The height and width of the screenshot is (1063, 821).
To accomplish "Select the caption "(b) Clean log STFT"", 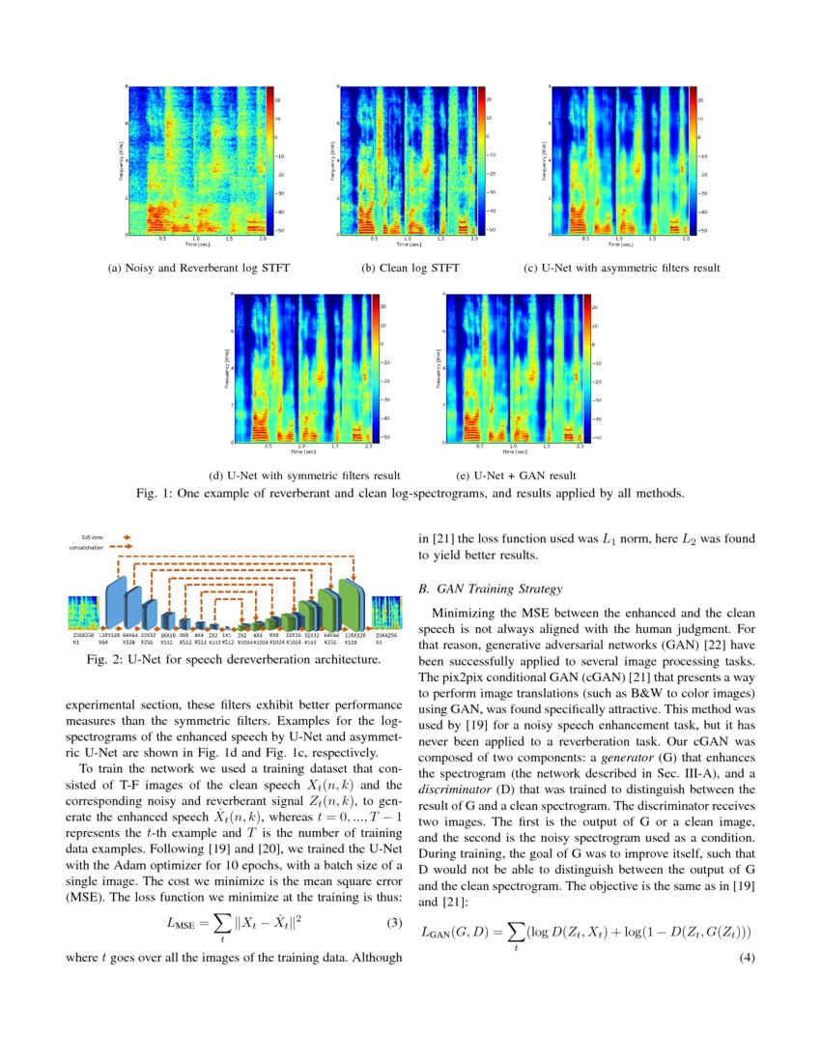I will click(x=410, y=268).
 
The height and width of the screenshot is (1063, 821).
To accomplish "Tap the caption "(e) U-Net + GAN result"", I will click(x=515, y=475).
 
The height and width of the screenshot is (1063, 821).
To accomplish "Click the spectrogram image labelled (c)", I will click(x=617, y=160).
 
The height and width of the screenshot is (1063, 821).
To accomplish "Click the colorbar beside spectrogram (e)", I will click(x=585, y=368).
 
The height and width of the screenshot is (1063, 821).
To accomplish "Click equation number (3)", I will click(x=393, y=922).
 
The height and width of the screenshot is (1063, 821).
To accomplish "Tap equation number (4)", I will click(x=745, y=957).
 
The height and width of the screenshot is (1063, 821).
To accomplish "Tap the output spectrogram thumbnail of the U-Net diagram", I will click(x=386, y=613).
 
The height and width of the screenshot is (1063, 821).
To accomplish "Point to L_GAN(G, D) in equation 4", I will click(x=462, y=934).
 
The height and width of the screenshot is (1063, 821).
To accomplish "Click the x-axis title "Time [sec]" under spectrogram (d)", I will click(x=303, y=451).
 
